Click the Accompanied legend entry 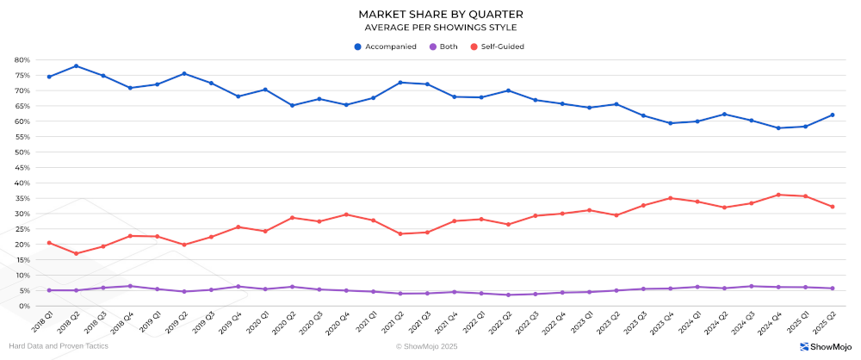pos(386,47)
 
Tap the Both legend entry pos(443,47)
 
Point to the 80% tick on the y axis pos(22,60)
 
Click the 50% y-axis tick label pos(22,152)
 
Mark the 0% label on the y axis pos(25,306)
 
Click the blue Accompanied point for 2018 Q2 pos(77,66)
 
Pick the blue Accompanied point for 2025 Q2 pos(833,115)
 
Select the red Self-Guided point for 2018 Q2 pos(77,253)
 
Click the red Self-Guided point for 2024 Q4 pos(778,195)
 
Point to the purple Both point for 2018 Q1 pos(49,290)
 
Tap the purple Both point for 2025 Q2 pos(833,289)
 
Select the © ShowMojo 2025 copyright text pos(427,346)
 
